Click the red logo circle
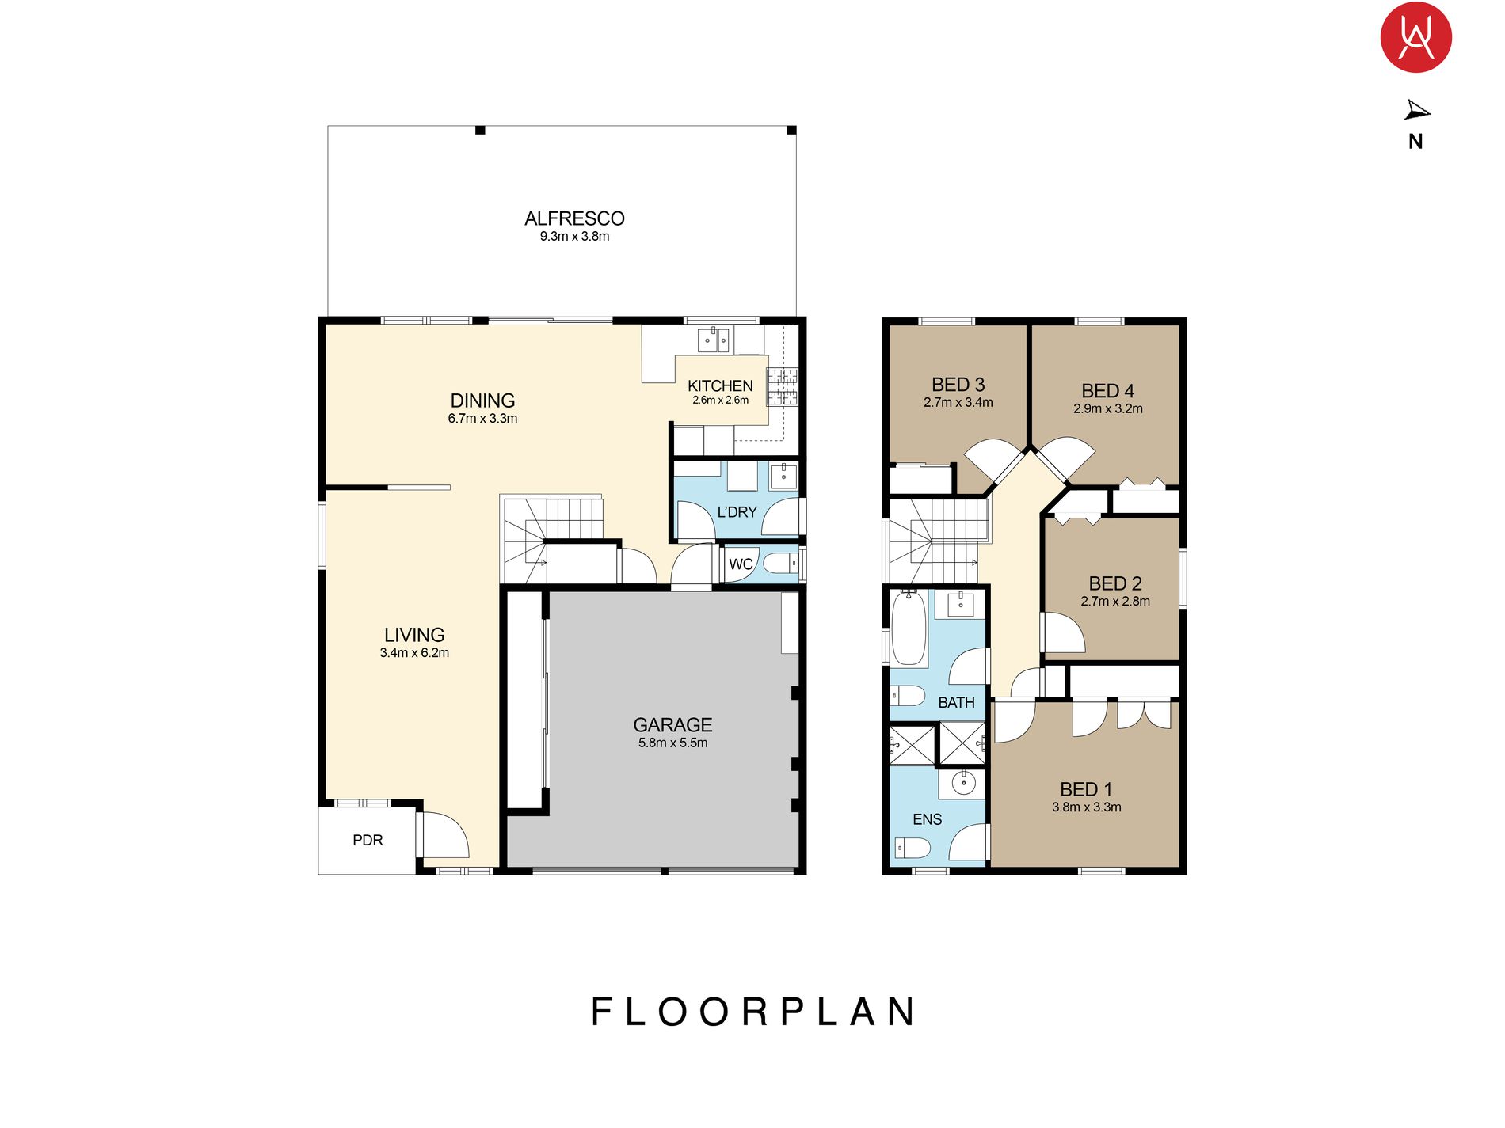point(1415,37)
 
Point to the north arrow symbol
point(1416,111)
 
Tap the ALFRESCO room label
point(574,218)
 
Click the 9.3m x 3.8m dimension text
point(574,237)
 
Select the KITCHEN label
point(720,385)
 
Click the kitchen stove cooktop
point(783,386)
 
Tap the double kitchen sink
point(712,340)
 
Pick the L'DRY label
point(737,512)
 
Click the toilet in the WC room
point(781,564)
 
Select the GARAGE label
point(672,724)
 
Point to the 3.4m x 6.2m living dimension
point(414,653)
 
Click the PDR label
point(368,840)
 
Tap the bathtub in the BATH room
point(909,629)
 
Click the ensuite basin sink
point(963,784)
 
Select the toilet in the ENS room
point(912,849)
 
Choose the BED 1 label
point(1086,789)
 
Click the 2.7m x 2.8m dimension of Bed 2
point(1115,602)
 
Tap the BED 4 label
point(1107,391)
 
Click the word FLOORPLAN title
point(753,1012)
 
